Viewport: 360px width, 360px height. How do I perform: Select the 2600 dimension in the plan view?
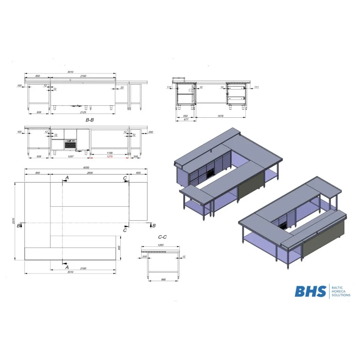(x=90, y=173)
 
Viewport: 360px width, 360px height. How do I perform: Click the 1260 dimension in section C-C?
(x=160, y=246)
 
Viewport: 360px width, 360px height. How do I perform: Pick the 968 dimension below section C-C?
(x=163, y=280)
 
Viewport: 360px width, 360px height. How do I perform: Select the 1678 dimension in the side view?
(x=220, y=116)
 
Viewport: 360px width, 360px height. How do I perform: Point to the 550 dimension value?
(x=185, y=116)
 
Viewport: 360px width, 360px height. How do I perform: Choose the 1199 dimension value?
(x=109, y=153)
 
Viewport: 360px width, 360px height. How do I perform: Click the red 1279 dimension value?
(x=109, y=157)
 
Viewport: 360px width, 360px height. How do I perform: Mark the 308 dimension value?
(x=135, y=157)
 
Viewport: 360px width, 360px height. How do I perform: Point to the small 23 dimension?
(x=122, y=87)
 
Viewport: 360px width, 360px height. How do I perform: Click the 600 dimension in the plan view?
(x=138, y=173)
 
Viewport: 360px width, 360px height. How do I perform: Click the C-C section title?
(x=162, y=237)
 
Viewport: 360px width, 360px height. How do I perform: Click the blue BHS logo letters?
(x=311, y=291)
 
